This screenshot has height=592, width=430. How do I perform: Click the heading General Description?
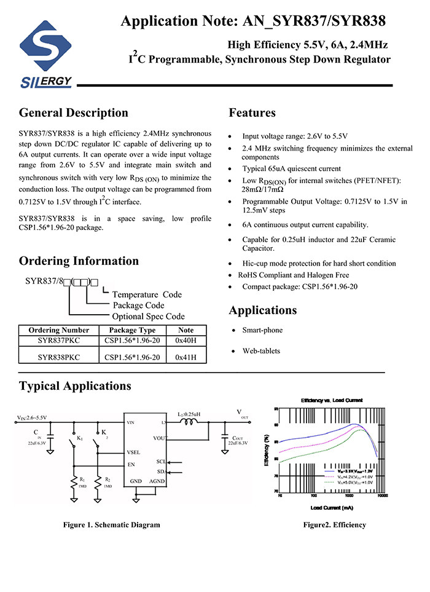pyautogui.click(x=74, y=113)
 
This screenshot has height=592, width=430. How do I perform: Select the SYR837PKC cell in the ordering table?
pyautogui.click(x=58, y=341)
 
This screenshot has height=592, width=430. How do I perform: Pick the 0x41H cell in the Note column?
pyautogui.click(x=186, y=357)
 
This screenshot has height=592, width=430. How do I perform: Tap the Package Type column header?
pyautogui.click(x=132, y=330)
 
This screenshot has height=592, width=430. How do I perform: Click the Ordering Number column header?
pyautogui.click(x=58, y=330)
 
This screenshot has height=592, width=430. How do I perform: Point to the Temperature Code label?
pyautogui.click(x=147, y=294)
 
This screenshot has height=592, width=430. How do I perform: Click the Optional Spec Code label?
pyautogui.click(x=148, y=317)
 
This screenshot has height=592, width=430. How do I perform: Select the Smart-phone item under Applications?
pyautogui.click(x=262, y=330)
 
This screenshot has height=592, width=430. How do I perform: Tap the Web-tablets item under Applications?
pyautogui.click(x=261, y=351)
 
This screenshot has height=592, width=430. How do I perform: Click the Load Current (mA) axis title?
pyautogui.click(x=332, y=508)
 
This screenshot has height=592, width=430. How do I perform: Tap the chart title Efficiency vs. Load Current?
pyautogui.click(x=332, y=401)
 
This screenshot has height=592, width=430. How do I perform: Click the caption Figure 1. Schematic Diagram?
pyautogui.click(x=111, y=524)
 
